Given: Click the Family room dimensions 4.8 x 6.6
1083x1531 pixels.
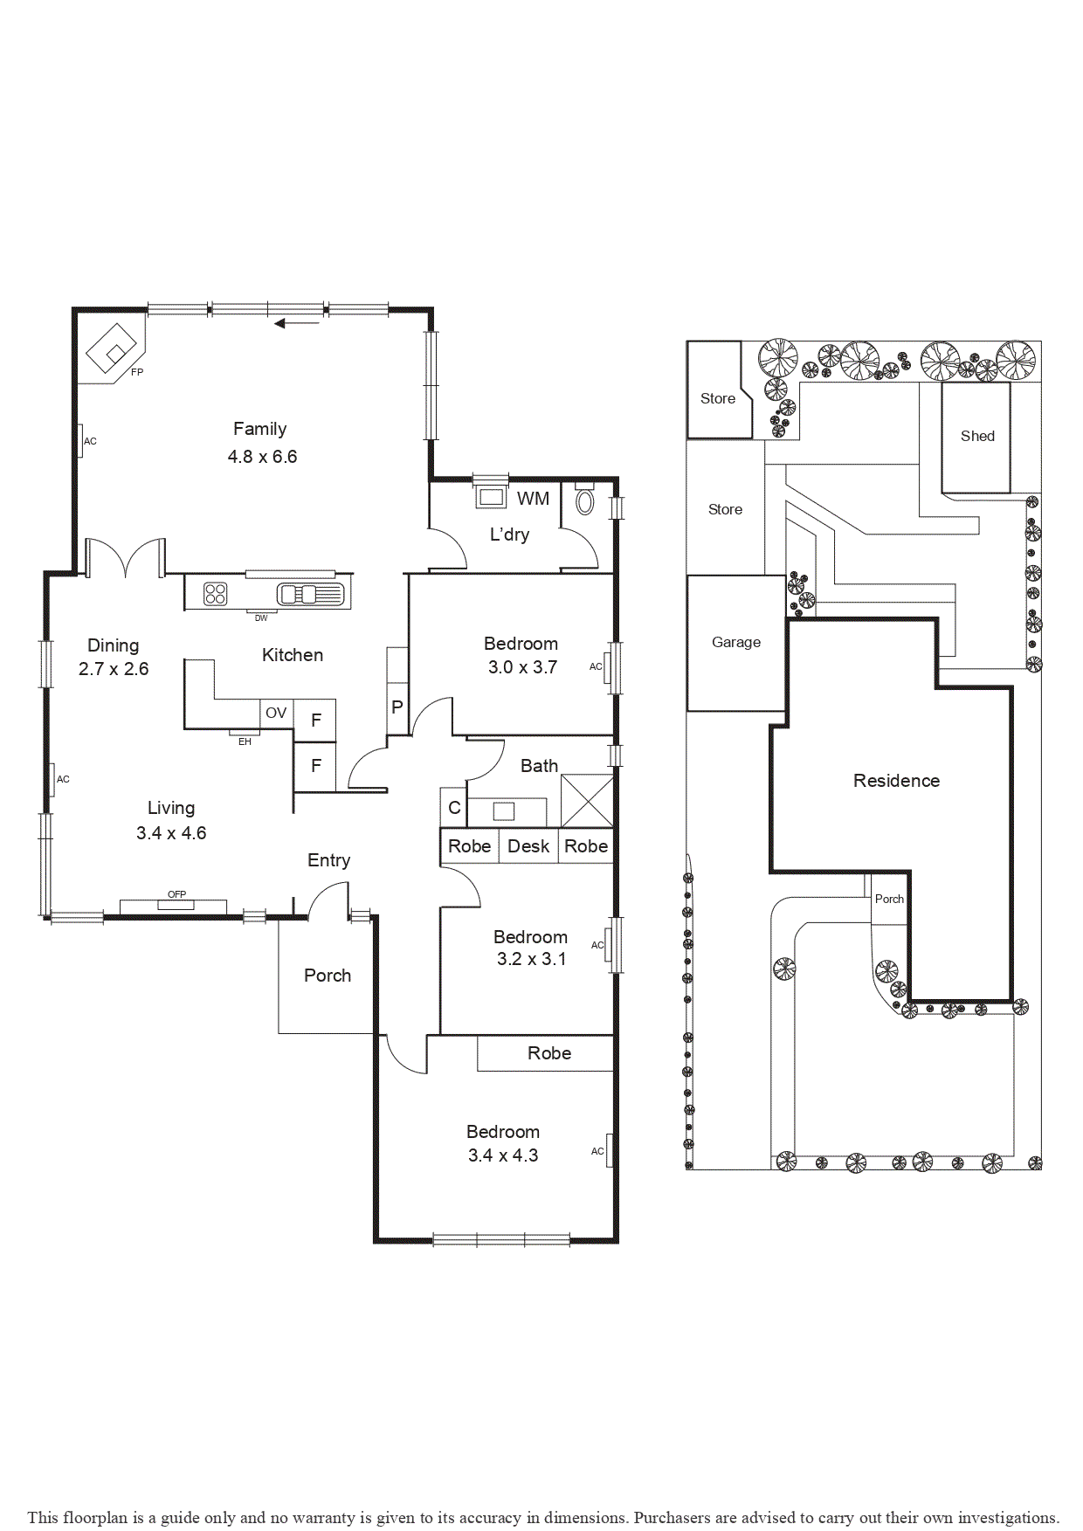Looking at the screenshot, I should pos(262,457).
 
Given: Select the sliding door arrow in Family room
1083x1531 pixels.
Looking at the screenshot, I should pos(297,324).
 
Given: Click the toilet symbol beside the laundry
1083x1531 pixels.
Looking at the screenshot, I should pos(585,501).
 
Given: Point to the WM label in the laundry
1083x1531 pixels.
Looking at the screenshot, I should pos(533,499).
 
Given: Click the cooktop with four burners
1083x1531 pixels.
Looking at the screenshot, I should pos(215,594).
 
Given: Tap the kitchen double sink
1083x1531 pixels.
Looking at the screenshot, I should pos(310,595).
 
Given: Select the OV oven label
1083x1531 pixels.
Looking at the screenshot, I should pos(276,713).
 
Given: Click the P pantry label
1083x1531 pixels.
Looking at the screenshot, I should pos(397,707).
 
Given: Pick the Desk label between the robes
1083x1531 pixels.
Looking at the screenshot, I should pos(528,846).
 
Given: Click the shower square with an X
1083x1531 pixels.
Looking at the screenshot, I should pos(587,801).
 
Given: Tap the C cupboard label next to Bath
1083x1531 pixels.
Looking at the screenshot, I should pos(454,808).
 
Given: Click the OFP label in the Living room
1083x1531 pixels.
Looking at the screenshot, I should pos(176,894).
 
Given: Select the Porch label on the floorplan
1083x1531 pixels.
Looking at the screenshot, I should pos(328,976).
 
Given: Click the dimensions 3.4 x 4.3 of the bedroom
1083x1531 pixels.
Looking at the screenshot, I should pos(503,1155).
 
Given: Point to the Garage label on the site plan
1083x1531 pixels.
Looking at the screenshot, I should pos(736,642).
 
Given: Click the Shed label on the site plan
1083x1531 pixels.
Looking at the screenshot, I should pos(977,436).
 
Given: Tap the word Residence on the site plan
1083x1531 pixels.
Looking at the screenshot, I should pos(896,781).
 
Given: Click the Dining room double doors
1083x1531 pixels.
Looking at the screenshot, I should pos(126,559).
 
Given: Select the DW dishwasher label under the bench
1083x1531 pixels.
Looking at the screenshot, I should pos(261,618).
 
